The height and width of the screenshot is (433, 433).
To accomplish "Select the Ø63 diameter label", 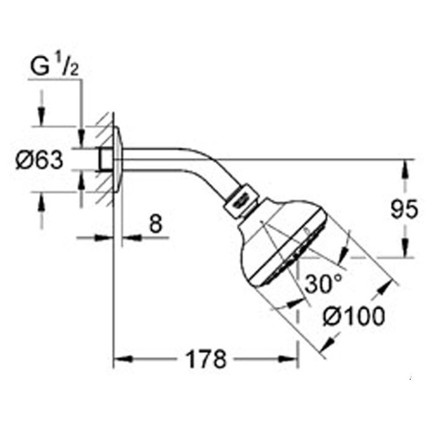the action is tap(39, 160).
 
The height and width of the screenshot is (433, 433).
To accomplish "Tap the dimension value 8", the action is tap(155, 223).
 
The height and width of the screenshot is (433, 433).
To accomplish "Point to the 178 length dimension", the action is tap(206, 359).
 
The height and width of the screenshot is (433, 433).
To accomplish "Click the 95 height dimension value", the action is tap(405, 209).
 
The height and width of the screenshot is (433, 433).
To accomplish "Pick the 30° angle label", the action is tap(323, 283).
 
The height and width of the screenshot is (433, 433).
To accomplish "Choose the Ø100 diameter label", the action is tap(354, 316).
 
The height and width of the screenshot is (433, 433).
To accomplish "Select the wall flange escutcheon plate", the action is tap(118, 160).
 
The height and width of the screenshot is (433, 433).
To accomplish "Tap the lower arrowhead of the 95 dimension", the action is tap(405, 248).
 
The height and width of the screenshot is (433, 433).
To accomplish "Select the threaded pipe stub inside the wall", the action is tap(106, 160).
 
